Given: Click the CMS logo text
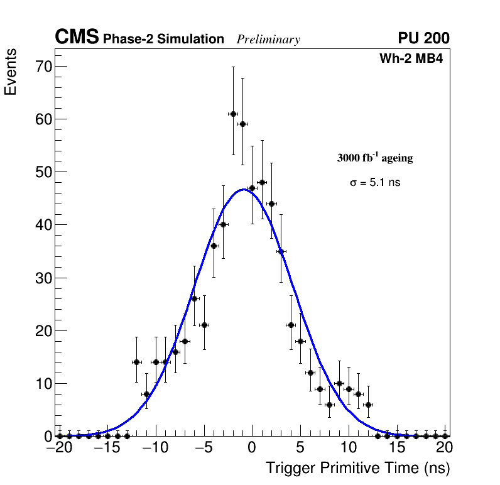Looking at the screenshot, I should [77, 38].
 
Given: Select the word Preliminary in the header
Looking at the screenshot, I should [268, 40].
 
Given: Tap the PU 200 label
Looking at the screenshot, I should [423, 38].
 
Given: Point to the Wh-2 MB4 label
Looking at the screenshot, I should [411, 59].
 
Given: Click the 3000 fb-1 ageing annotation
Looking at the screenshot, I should [375, 158].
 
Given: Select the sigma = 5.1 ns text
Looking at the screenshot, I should [375, 183].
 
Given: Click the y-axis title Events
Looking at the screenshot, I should [11, 72].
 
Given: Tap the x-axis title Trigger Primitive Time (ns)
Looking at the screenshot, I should [358, 468].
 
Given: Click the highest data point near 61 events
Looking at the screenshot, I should [233, 114].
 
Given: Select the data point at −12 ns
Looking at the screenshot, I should [136, 362].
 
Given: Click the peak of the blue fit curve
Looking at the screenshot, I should [243, 189].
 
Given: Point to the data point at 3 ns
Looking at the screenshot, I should [281, 251].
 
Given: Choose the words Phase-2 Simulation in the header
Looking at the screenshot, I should [163, 40].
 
